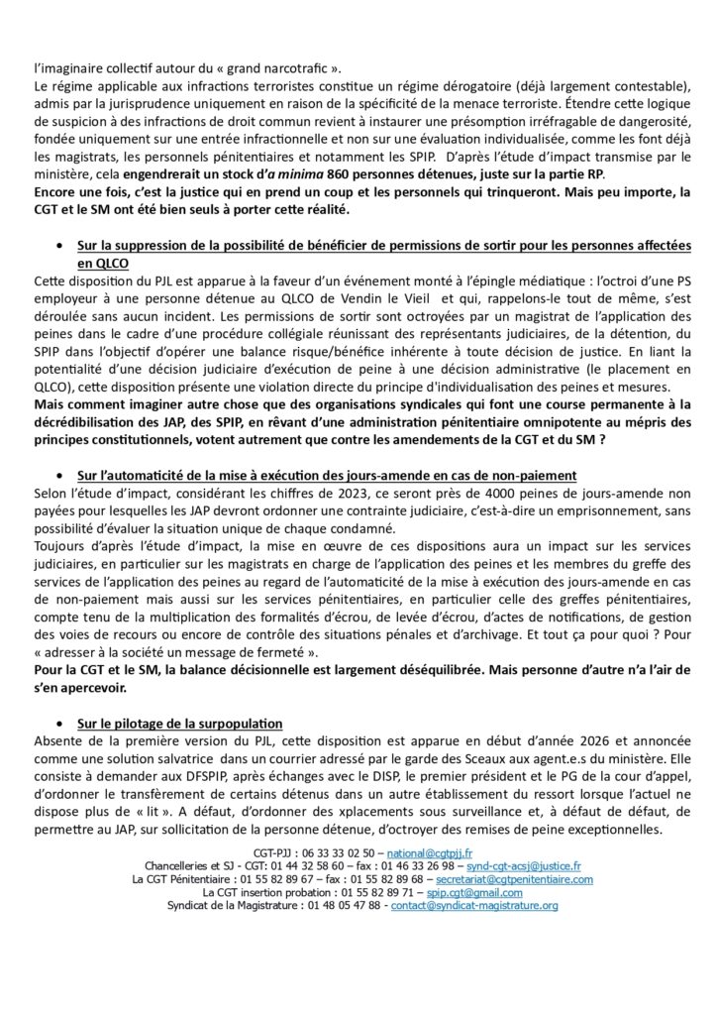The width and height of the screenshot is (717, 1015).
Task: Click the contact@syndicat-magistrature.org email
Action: (x=474, y=906)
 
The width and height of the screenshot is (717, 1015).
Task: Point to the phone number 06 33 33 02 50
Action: (x=338, y=852)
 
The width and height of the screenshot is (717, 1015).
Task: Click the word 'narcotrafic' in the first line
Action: (x=293, y=67)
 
